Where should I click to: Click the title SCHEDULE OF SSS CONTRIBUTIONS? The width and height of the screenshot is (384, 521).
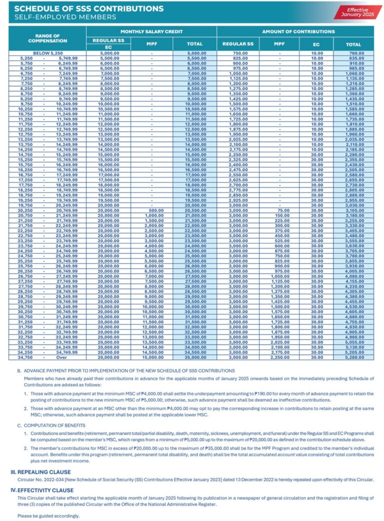point(89,8)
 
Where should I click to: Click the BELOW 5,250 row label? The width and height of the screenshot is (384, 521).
point(48,53)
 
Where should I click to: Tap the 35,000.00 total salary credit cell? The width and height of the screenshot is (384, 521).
point(195,357)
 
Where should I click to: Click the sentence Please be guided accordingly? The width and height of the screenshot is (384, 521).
point(48,515)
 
